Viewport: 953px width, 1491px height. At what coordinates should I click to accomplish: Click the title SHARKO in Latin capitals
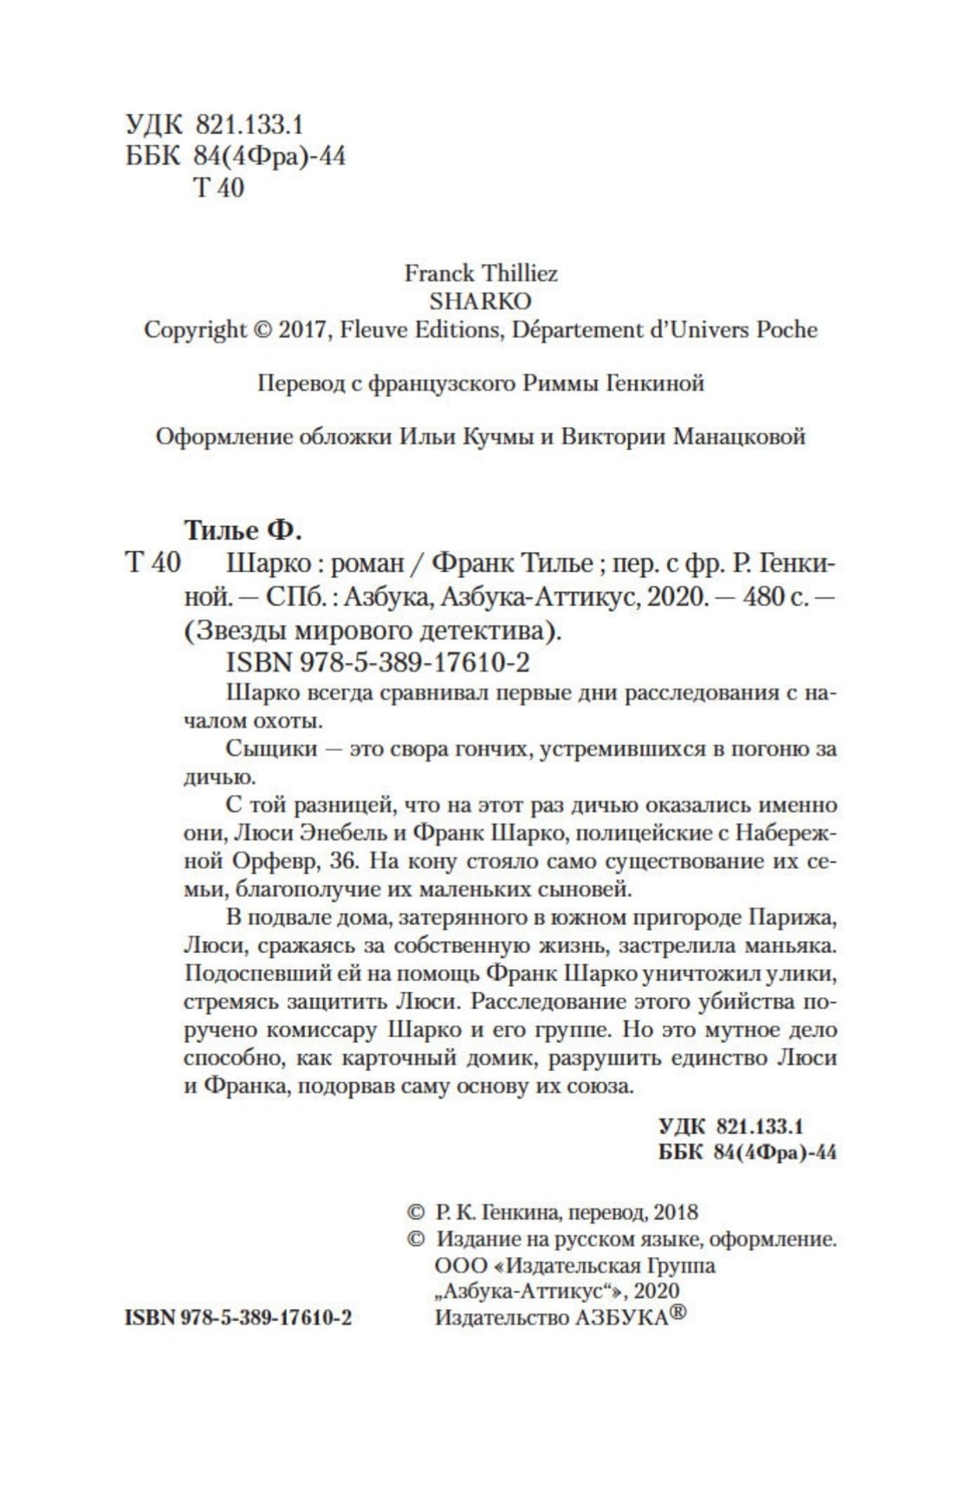click(480, 301)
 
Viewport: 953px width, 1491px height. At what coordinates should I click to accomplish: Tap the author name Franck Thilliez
click(481, 274)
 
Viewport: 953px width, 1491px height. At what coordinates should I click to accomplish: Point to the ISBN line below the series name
click(377, 662)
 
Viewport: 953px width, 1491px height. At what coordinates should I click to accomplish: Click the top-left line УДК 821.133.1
click(214, 126)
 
